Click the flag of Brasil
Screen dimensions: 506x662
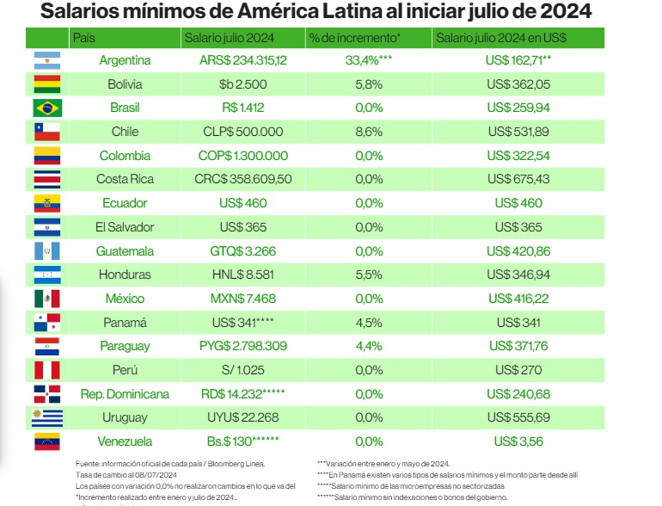coord(46,108)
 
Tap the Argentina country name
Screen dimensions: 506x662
coord(125,61)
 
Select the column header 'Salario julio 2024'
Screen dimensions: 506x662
coord(223,39)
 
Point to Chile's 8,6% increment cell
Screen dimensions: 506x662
coord(368,133)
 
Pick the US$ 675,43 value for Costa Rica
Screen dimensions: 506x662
coord(518,180)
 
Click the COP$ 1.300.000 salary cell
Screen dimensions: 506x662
coord(242,156)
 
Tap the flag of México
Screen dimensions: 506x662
coord(46,299)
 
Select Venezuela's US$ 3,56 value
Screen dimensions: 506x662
coord(518,441)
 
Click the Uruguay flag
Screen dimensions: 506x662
coord(46,418)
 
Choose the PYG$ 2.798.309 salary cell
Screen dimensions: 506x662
coord(242,346)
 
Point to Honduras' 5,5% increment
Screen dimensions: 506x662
coord(368,275)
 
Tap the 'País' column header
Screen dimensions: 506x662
coord(84,39)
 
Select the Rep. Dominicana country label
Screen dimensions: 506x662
coord(125,394)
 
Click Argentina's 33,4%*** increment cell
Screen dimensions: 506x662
coord(368,61)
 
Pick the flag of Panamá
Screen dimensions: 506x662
coord(46,323)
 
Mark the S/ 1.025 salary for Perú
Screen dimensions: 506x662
coord(242,370)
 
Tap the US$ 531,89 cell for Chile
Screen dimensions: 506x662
coord(518,133)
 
